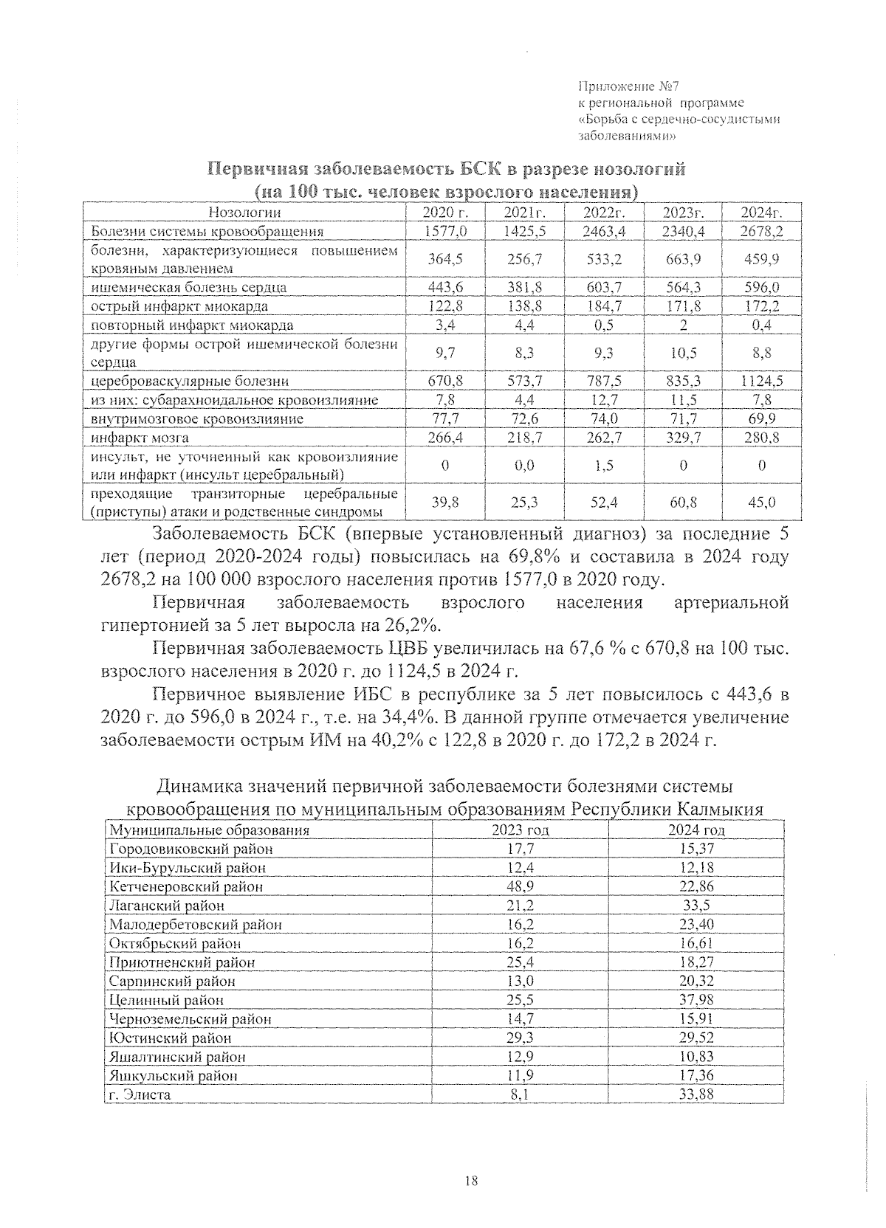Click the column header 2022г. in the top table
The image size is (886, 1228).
tap(603, 213)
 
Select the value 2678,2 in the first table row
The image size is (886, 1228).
tap(761, 231)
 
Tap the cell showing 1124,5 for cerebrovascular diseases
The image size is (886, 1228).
tap(761, 381)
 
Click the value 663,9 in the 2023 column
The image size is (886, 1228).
tap(682, 259)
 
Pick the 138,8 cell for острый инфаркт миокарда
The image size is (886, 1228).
tap(524, 306)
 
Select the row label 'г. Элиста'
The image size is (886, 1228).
tap(140, 1094)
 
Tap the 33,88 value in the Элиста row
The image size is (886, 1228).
tap(696, 1094)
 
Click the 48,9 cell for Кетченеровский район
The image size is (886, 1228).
tap(520, 886)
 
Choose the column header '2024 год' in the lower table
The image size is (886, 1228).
tap(696, 830)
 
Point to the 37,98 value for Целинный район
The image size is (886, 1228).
tap(696, 1000)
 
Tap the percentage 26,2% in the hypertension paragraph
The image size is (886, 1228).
tap(412, 627)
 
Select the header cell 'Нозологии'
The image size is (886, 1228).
tap(245, 213)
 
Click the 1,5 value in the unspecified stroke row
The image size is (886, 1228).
tap(603, 466)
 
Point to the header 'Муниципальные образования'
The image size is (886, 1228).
tap(209, 830)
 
